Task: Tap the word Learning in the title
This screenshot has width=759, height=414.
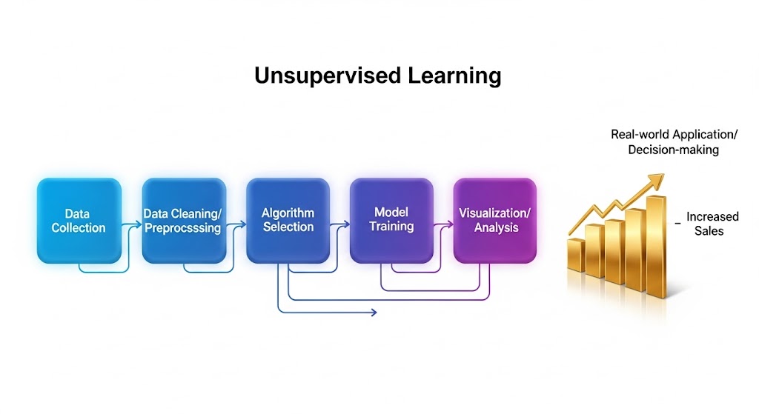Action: (x=454, y=76)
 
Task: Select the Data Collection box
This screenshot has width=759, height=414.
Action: (x=79, y=221)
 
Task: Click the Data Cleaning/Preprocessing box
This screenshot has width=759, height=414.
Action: (x=183, y=221)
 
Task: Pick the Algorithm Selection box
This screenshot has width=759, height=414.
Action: (x=288, y=220)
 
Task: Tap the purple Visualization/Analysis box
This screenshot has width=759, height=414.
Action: (x=494, y=220)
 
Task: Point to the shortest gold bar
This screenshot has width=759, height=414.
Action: (x=576, y=256)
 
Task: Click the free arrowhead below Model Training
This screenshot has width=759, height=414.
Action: (x=374, y=313)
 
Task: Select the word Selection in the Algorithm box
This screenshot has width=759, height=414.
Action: (x=288, y=227)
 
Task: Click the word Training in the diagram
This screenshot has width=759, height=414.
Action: (x=391, y=226)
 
